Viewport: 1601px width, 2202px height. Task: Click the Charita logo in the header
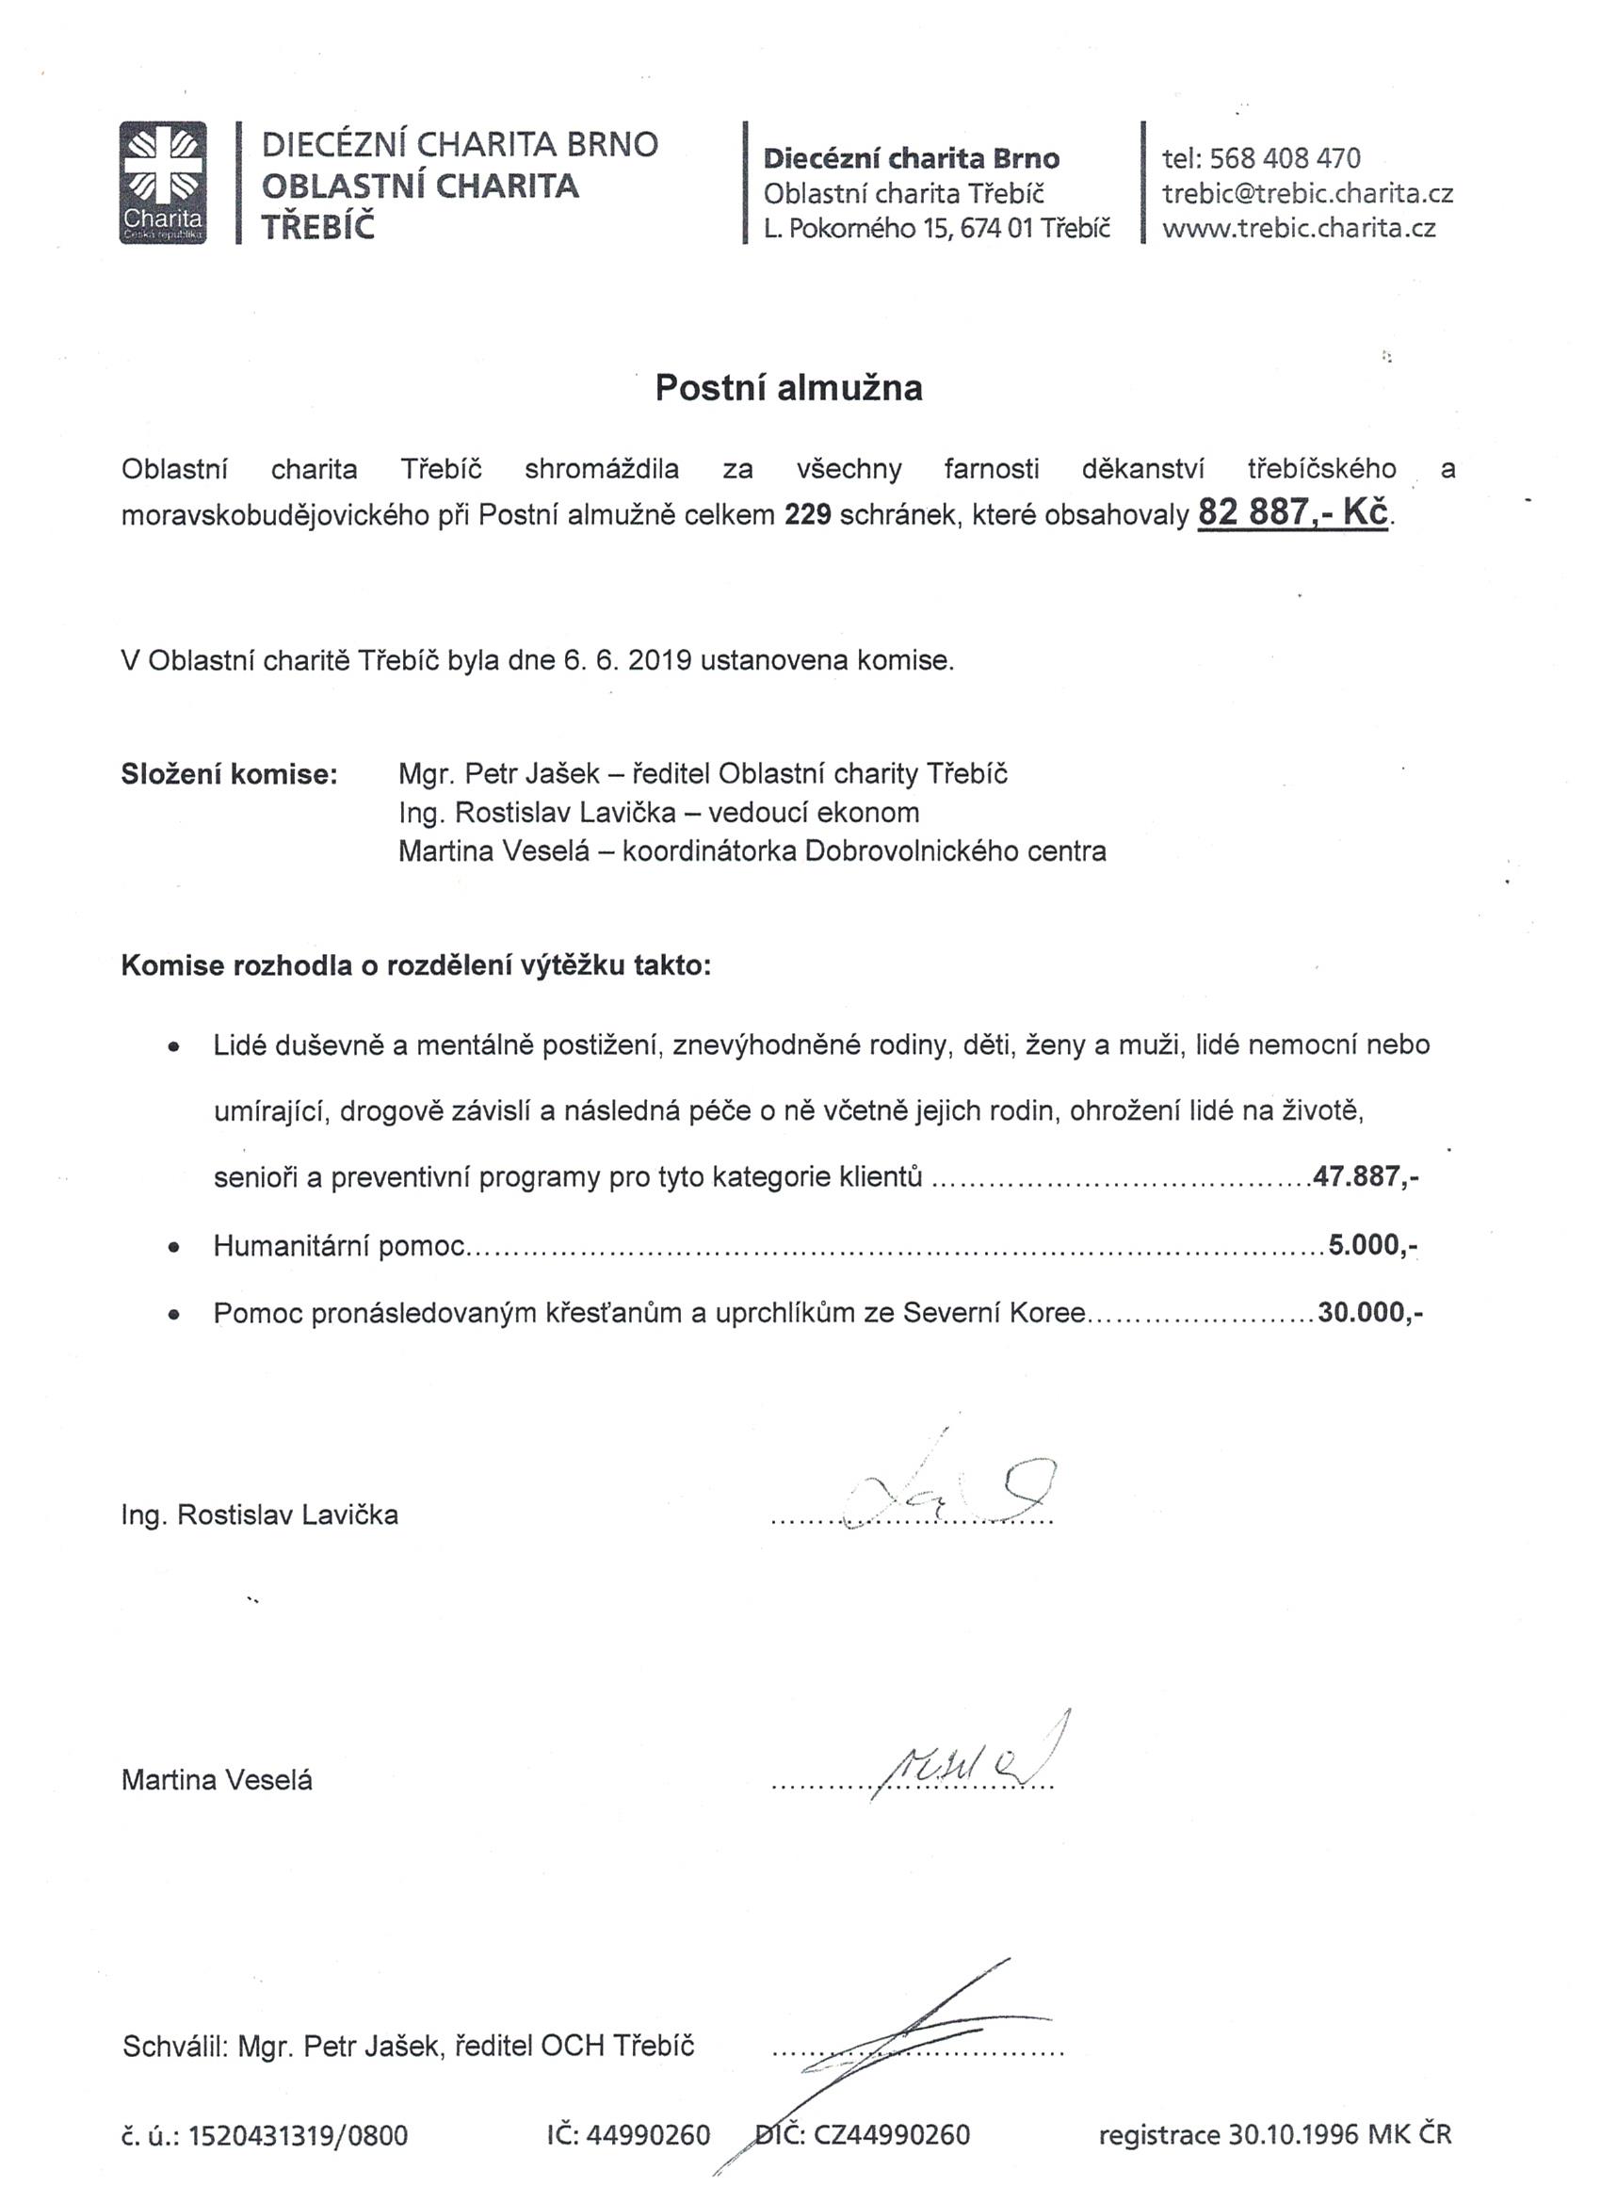pos(163,183)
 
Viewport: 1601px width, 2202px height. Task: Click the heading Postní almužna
pos(788,387)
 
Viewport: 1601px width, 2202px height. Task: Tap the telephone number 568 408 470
pos(1286,158)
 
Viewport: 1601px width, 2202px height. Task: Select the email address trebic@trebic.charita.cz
pos(1307,193)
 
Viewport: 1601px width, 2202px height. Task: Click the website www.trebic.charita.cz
pos(1298,229)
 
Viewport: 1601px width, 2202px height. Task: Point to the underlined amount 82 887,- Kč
pos(1292,511)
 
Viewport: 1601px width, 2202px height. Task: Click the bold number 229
pos(808,514)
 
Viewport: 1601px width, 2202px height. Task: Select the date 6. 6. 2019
pos(626,661)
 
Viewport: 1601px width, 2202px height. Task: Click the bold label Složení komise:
pos(230,774)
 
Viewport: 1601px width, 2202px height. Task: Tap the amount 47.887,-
pos(1367,1177)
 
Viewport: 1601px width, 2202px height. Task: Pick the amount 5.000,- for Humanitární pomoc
pos(1372,1245)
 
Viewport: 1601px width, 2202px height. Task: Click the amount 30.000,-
pos(1370,1313)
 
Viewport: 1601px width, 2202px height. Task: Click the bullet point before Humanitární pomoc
pos(174,1248)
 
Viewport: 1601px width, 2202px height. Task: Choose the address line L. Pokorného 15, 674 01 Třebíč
pos(936,229)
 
